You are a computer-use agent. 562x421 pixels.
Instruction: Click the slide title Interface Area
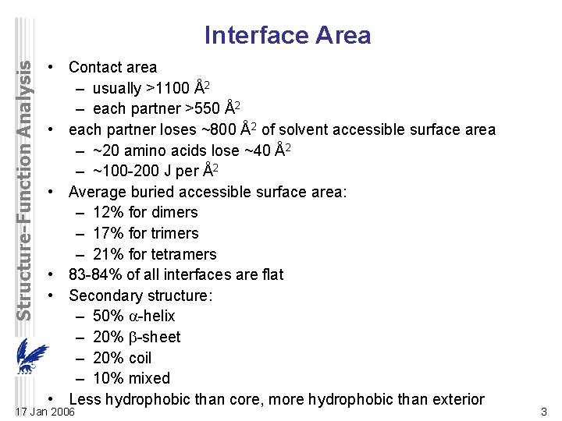click(287, 35)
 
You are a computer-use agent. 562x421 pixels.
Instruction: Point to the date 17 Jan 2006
click(46, 411)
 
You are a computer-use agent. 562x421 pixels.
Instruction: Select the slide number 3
click(542, 411)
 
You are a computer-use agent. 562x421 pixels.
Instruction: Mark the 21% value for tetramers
click(108, 254)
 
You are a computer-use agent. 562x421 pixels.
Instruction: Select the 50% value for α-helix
click(108, 316)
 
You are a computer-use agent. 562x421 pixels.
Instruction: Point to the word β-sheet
click(154, 337)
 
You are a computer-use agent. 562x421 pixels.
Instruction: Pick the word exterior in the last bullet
click(454, 399)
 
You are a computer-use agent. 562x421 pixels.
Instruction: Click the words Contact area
click(113, 68)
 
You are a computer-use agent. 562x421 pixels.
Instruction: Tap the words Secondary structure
click(140, 295)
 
